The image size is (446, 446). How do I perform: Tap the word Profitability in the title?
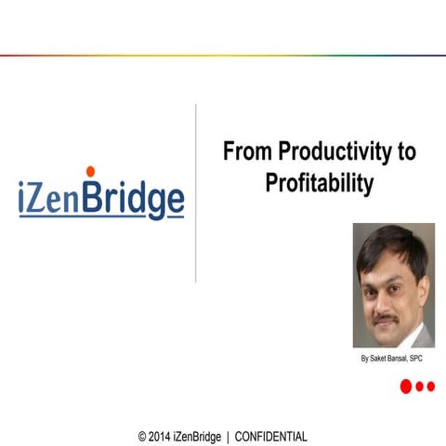point(319,183)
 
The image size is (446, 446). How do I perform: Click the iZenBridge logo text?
point(101,198)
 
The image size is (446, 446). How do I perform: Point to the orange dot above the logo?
point(90,170)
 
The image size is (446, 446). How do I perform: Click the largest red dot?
point(406,387)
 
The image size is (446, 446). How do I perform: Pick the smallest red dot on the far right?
point(430,387)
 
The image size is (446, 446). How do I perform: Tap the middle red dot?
point(420,387)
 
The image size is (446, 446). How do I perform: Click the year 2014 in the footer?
point(160,437)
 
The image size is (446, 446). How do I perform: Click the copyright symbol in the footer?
point(142,437)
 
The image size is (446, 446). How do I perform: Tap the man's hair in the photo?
point(390,243)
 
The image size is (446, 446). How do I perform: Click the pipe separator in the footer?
point(228,437)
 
